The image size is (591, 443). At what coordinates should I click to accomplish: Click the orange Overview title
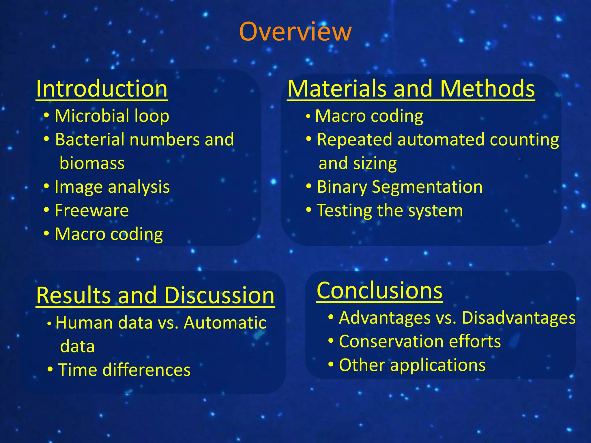[295, 32]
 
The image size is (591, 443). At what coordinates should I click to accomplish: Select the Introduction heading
[102, 89]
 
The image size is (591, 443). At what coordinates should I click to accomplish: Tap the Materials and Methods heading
[411, 89]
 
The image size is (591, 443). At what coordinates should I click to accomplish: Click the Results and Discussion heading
[155, 296]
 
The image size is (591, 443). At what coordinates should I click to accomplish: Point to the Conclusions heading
[379, 291]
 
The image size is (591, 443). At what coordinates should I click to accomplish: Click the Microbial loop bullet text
[112, 116]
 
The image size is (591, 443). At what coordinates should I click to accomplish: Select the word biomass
[92, 163]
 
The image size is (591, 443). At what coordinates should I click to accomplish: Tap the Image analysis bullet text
[112, 187]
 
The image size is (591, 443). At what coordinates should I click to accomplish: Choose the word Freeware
[92, 211]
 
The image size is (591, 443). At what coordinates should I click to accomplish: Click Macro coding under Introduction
[109, 234]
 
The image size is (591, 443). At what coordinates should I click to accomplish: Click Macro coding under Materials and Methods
[369, 116]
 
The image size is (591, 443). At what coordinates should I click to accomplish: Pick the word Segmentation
[427, 187]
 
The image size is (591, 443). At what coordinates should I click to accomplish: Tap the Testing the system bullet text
[390, 211]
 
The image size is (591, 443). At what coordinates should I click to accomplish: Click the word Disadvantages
[519, 318]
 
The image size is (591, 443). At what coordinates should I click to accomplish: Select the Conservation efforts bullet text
[420, 341]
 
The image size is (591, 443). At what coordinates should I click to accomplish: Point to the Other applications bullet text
[412, 365]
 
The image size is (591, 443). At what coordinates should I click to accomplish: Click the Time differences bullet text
[124, 370]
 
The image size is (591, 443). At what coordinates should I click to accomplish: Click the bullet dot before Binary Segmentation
[309, 187]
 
